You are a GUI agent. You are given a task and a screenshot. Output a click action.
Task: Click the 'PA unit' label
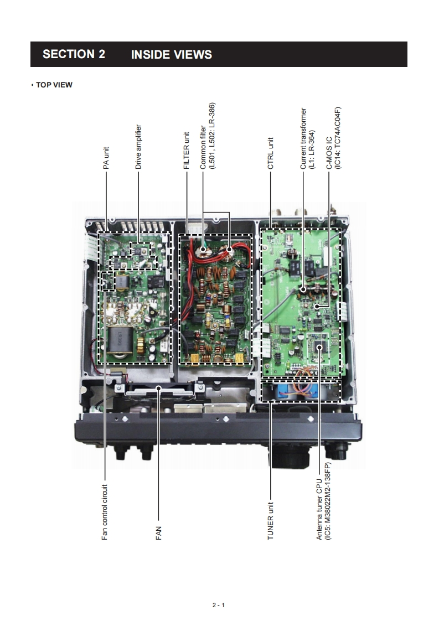(x=106, y=157)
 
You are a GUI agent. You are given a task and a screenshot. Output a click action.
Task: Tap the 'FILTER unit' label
(x=187, y=151)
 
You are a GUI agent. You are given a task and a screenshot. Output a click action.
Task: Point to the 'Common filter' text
(x=203, y=143)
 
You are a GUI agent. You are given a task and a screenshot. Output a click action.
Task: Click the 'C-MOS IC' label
(x=329, y=153)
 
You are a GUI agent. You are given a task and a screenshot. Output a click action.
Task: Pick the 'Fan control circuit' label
(x=105, y=511)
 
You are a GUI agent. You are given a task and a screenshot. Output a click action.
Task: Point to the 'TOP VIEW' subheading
(x=54, y=85)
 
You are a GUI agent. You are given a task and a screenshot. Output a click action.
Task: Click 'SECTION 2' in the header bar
(x=74, y=54)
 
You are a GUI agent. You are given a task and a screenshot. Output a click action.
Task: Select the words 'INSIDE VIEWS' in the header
(x=171, y=54)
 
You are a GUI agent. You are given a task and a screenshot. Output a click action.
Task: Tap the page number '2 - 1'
(x=219, y=604)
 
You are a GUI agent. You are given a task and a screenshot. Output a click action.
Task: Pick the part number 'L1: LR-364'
(x=312, y=150)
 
